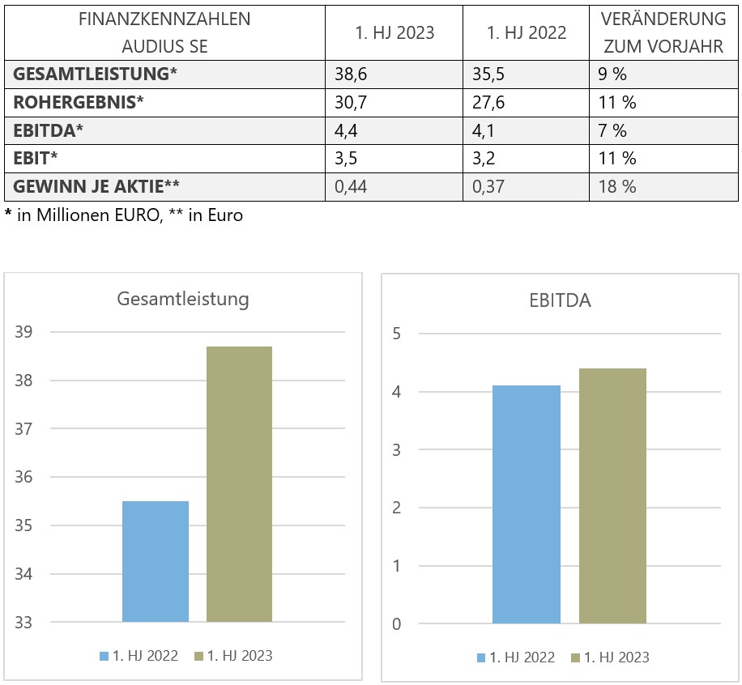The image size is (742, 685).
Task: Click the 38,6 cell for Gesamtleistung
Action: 347,76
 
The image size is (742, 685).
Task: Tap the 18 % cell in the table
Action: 617,187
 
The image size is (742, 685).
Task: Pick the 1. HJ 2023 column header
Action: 394,33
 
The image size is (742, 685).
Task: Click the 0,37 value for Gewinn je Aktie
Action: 488,187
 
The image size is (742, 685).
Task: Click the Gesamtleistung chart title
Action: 183,299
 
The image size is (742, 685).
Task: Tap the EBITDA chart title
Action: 560,300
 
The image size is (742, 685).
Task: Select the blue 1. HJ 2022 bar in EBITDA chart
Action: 527,504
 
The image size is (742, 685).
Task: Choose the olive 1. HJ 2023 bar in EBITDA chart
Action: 612,496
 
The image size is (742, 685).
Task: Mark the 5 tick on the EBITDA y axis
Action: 397,334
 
